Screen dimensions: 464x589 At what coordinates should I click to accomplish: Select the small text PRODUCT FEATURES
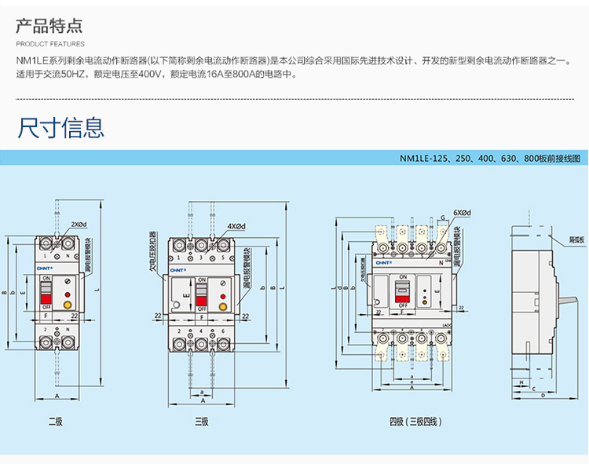click(x=50, y=44)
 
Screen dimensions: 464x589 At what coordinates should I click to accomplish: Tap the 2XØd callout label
click(x=80, y=225)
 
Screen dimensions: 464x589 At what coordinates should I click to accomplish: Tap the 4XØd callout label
click(x=236, y=226)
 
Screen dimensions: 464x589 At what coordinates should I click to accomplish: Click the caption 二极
click(x=55, y=422)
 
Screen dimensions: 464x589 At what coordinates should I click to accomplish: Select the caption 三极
click(x=202, y=422)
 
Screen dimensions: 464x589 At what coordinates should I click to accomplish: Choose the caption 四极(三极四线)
click(x=415, y=422)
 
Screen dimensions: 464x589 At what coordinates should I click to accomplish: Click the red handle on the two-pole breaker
click(x=46, y=292)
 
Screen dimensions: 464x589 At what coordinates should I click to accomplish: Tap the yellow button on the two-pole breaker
click(x=68, y=302)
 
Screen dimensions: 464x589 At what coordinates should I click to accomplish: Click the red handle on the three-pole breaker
click(x=202, y=295)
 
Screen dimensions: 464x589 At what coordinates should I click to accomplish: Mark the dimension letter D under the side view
click(x=543, y=396)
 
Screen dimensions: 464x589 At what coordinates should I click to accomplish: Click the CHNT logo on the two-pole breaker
click(x=43, y=268)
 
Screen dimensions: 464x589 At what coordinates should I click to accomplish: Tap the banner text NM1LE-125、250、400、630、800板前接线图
click(x=490, y=158)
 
